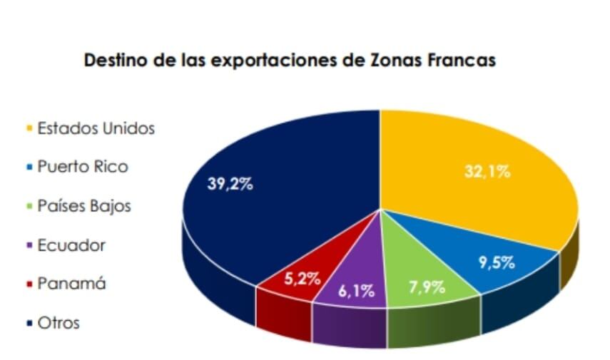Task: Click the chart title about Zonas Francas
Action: click(x=290, y=61)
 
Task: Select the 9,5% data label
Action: click(x=497, y=262)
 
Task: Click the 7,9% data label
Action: click(x=425, y=287)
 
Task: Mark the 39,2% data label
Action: click(x=229, y=184)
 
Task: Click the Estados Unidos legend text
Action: click(x=96, y=129)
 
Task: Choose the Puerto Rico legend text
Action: click(x=83, y=168)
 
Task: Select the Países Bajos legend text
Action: click(x=84, y=207)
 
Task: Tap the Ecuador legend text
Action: click(x=71, y=245)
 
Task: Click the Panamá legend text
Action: click(x=71, y=284)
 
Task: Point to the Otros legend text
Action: click(x=59, y=323)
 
